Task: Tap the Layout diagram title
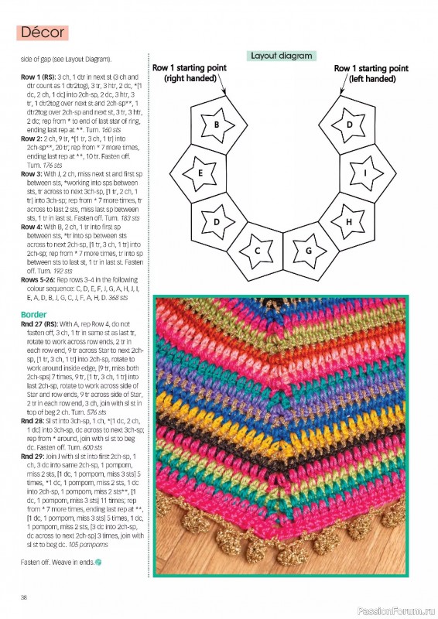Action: tap(280, 56)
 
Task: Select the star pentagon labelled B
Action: tap(217, 124)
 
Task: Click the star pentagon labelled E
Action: tap(200, 173)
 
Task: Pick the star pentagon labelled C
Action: tap(257, 250)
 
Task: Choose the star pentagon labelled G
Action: tap(308, 250)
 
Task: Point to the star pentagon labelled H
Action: tap(349, 221)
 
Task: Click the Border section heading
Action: tap(35, 314)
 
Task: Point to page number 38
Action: tap(26, 597)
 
